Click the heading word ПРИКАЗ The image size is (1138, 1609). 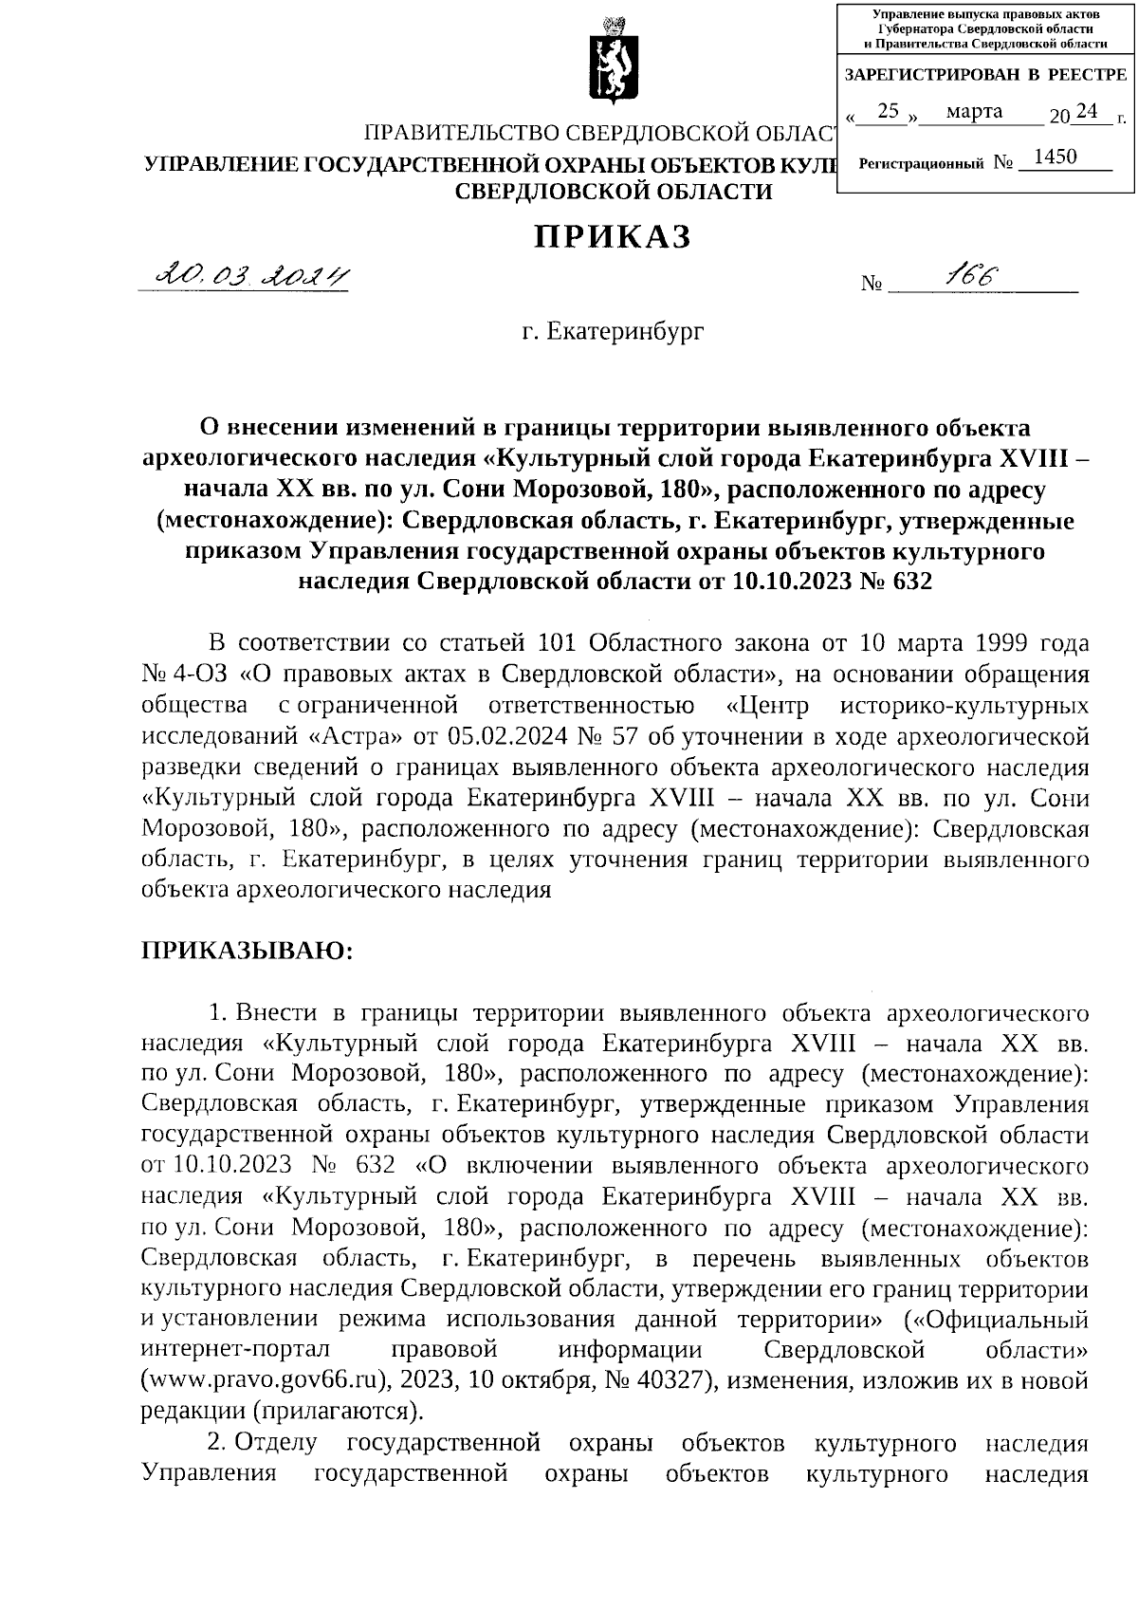click(612, 236)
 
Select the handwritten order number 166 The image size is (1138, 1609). click(971, 276)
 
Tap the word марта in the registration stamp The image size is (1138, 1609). click(974, 112)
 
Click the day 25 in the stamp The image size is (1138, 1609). click(888, 112)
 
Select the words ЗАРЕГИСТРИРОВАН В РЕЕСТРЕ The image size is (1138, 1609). click(985, 75)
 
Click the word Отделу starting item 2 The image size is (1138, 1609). click(275, 1443)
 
